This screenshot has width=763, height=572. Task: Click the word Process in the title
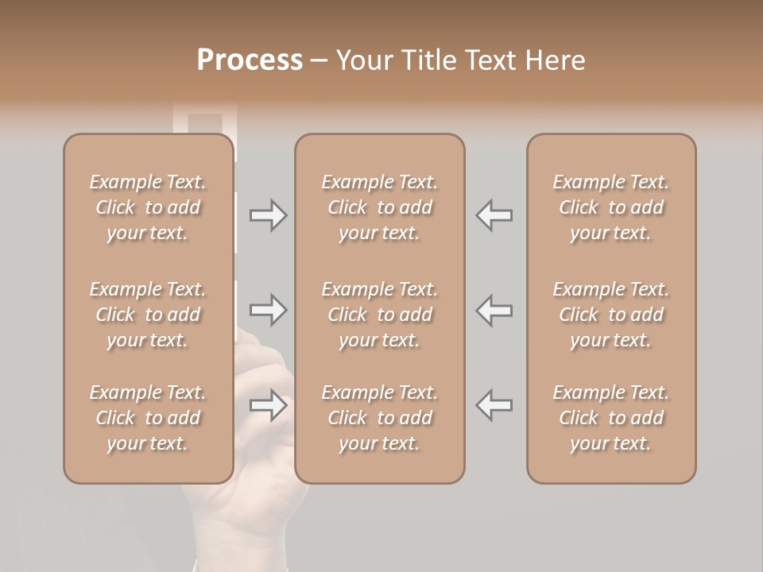[x=250, y=60]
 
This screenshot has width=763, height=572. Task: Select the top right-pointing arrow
[x=268, y=215]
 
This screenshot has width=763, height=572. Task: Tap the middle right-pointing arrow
[x=268, y=310]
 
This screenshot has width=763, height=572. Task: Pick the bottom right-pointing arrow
[x=268, y=405]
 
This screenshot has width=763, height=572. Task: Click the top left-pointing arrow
[x=494, y=215]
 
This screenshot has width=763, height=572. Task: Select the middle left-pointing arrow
[x=494, y=310]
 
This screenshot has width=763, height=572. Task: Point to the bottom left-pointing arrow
[x=494, y=405]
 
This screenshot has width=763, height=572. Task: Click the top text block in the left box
[x=148, y=207]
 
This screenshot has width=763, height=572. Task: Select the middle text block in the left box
[x=148, y=315]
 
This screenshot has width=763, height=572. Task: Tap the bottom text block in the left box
[x=148, y=418]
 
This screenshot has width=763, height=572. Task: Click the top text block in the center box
[x=379, y=207]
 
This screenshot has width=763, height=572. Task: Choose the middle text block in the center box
[x=379, y=315]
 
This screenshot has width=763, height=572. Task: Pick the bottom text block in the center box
[x=379, y=418]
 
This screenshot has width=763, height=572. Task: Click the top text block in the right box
[x=610, y=207]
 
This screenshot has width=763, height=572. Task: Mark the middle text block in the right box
[x=610, y=315]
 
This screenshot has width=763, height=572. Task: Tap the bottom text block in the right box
[x=610, y=418]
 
